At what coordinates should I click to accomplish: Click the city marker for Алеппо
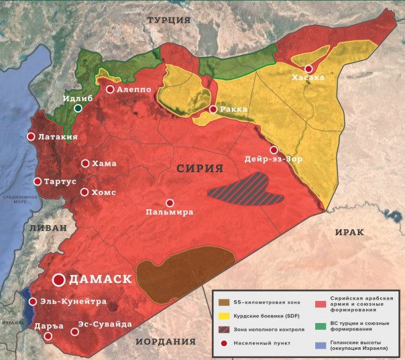click(x=110, y=89)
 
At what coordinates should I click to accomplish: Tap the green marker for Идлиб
click(x=78, y=108)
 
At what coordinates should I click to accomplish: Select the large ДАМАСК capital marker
click(x=59, y=280)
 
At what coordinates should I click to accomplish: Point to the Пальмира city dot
click(x=170, y=202)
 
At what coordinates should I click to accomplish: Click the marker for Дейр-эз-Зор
click(x=274, y=149)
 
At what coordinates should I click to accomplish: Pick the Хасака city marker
click(x=308, y=68)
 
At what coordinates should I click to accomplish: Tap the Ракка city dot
click(x=213, y=109)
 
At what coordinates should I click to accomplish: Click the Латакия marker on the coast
click(x=30, y=137)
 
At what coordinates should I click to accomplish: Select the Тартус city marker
click(x=38, y=181)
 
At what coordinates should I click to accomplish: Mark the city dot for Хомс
click(x=84, y=192)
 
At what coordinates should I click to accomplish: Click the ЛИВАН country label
click(x=48, y=228)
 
